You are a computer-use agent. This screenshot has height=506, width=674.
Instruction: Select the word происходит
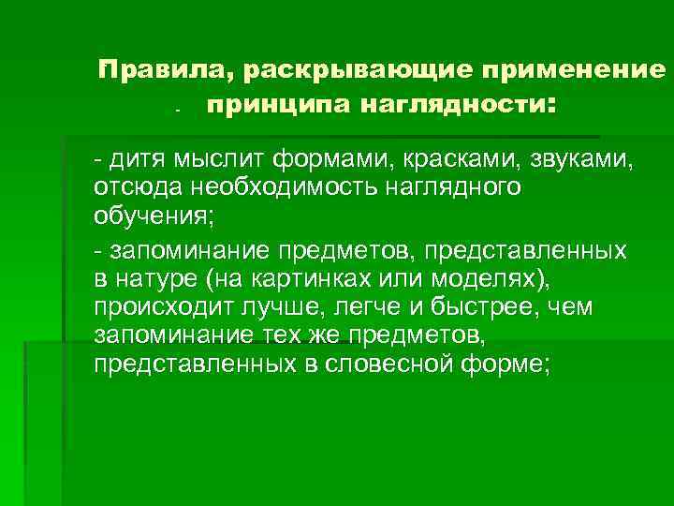coord(154,307)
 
